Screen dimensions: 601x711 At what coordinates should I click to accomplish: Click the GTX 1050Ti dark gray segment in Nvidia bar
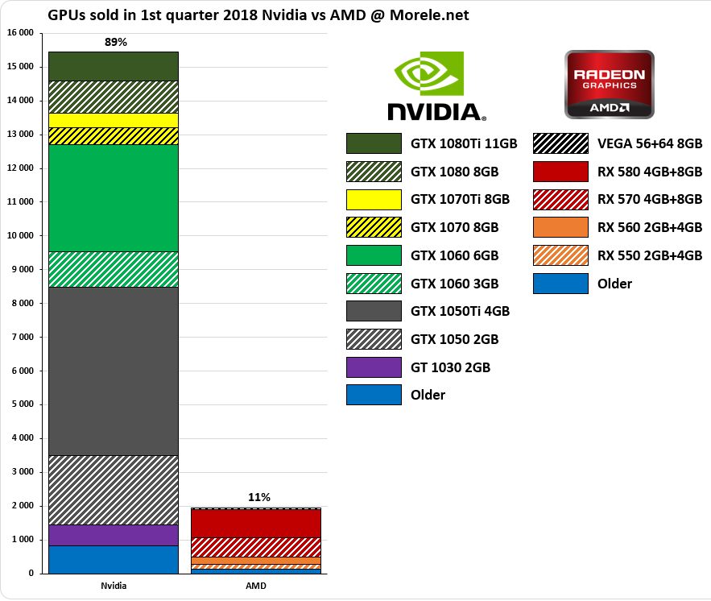pyautogui.click(x=114, y=371)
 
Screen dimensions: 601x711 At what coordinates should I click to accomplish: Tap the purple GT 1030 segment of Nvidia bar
pyautogui.click(x=114, y=535)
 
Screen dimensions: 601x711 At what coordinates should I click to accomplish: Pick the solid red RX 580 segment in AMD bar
pyautogui.click(x=256, y=523)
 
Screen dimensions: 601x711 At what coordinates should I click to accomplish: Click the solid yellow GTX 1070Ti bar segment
pyautogui.click(x=114, y=120)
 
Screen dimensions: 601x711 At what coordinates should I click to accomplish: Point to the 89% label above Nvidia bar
pyautogui.click(x=116, y=42)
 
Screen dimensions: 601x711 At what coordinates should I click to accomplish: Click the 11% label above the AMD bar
pyautogui.click(x=258, y=498)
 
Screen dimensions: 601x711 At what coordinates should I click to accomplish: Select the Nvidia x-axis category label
pyautogui.click(x=114, y=586)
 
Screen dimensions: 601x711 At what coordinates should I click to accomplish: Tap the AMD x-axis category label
pyautogui.click(x=256, y=586)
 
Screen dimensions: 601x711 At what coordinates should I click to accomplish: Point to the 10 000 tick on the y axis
pyautogui.click(x=21, y=236)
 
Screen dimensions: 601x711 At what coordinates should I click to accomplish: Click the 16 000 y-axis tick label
pyautogui.click(x=21, y=33)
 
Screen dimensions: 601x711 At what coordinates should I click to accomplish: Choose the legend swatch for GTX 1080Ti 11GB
pyautogui.click(x=374, y=143)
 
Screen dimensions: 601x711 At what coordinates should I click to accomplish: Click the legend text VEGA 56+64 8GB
pyautogui.click(x=650, y=144)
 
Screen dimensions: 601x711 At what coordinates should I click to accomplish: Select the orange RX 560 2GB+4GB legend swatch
pyautogui.click(x=560, y=227)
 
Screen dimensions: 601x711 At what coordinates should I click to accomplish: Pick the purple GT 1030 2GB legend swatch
pyautogui.click(x=374, y=367)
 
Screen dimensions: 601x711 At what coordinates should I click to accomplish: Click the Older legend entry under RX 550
pyautogui.click(x=614, y=284)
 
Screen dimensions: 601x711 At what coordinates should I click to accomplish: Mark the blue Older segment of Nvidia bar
pyautogui.click(x=114, y=559)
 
